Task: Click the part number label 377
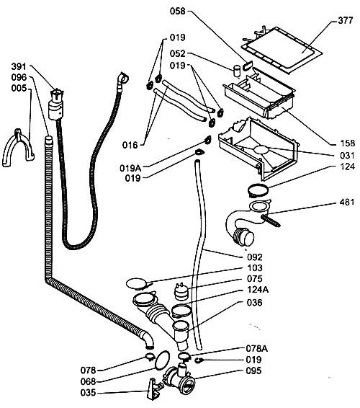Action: [x=345, y=20]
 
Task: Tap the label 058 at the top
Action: [x=178, y=12]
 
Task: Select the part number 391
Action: [x=19, y=66]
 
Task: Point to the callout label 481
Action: [x=347, y=202]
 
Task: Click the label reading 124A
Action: [x=258, y=289]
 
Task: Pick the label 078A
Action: [x=256, y=348]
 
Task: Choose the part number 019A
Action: [x=130, y=168]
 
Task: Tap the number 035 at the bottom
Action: [x=88, y=392]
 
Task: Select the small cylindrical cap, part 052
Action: [x=237, y=71]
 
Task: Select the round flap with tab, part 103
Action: [x=137, y=283]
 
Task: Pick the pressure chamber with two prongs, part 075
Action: [x=179, y=292]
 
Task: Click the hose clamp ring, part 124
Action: [x=258, y=190]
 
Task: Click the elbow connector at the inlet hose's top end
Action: [x=122, y=79]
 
